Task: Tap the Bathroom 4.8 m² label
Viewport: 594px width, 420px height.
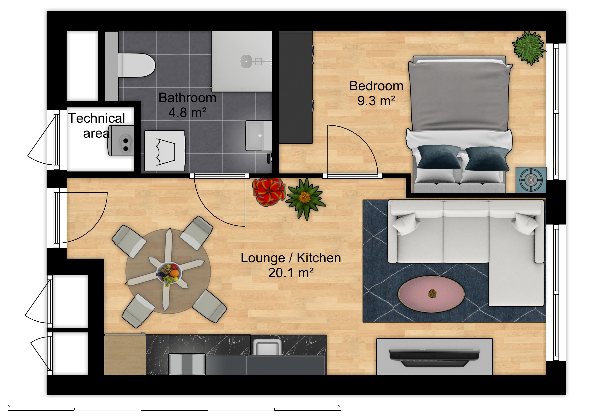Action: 187,105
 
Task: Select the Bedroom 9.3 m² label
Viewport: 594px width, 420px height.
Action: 376,93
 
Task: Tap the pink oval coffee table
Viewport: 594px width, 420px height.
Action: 431,294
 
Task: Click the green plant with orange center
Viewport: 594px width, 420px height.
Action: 305,198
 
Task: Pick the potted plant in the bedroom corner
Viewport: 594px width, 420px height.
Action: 529,48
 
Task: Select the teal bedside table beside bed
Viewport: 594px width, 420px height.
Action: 531,180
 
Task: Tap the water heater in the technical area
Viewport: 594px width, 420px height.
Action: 122,140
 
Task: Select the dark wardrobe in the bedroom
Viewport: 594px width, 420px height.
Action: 295,87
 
